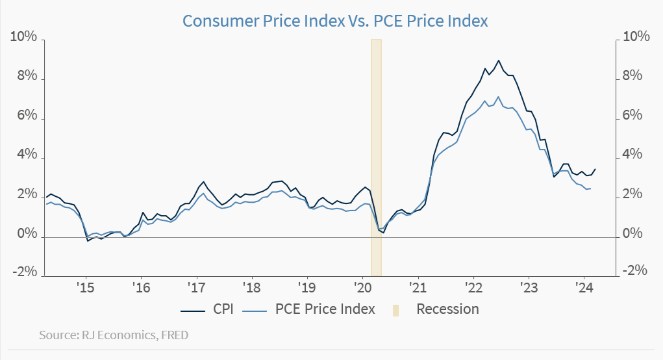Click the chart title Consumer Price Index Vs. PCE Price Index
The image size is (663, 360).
point(334,21)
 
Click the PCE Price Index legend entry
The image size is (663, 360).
point(308,309)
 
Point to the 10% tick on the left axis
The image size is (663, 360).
point(23,37)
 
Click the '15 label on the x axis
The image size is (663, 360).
point(85,287)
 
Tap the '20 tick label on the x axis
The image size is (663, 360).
point(362,287)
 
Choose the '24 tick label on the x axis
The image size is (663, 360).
point(583,287)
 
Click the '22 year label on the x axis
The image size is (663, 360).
point(473,287)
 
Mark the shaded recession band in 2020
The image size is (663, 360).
point(376,156)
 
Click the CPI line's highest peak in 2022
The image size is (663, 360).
point(498,60)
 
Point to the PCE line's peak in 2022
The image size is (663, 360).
point(498,97)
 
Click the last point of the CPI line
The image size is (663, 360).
point(595,169)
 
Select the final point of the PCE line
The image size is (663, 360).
point(590,188)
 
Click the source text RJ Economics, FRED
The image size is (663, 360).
point(114,335)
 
